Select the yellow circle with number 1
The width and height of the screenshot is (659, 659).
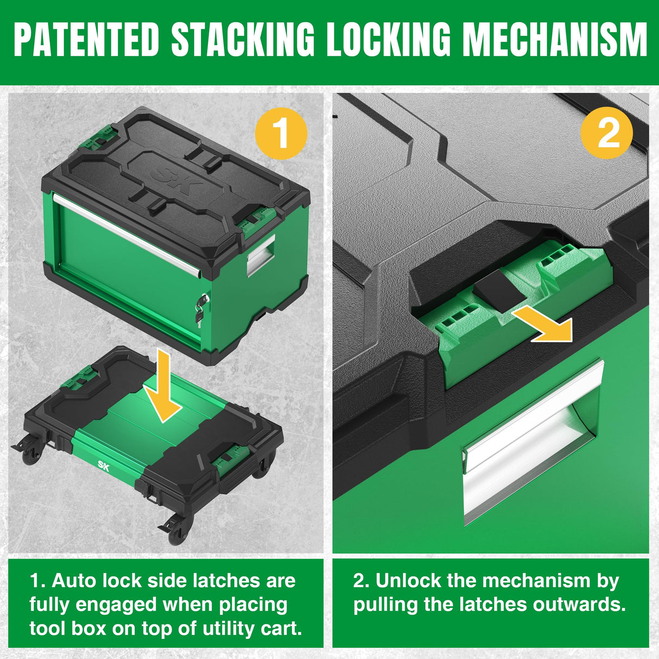click(281, 133)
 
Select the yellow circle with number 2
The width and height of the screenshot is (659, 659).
click(607, 133)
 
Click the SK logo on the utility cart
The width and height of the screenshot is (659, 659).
click(103, 465)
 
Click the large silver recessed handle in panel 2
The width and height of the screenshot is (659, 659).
click(532, 442)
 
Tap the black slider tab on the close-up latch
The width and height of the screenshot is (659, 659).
click(497, 292)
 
